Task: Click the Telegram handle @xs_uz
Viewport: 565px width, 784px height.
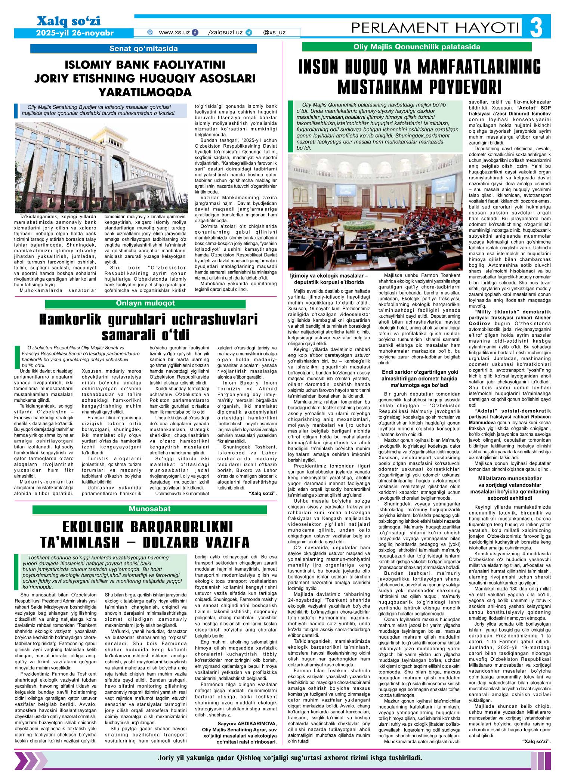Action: [274, 33]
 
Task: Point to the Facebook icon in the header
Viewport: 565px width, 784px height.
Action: [195, 33]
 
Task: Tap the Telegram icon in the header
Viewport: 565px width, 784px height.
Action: [249, 33]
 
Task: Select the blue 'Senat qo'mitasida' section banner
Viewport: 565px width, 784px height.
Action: [143, 48]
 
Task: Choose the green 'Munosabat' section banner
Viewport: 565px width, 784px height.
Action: [149, 509]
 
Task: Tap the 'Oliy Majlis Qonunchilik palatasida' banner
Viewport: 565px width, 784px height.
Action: [417, 47]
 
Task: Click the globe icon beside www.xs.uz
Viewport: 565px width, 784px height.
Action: [151, 33]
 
